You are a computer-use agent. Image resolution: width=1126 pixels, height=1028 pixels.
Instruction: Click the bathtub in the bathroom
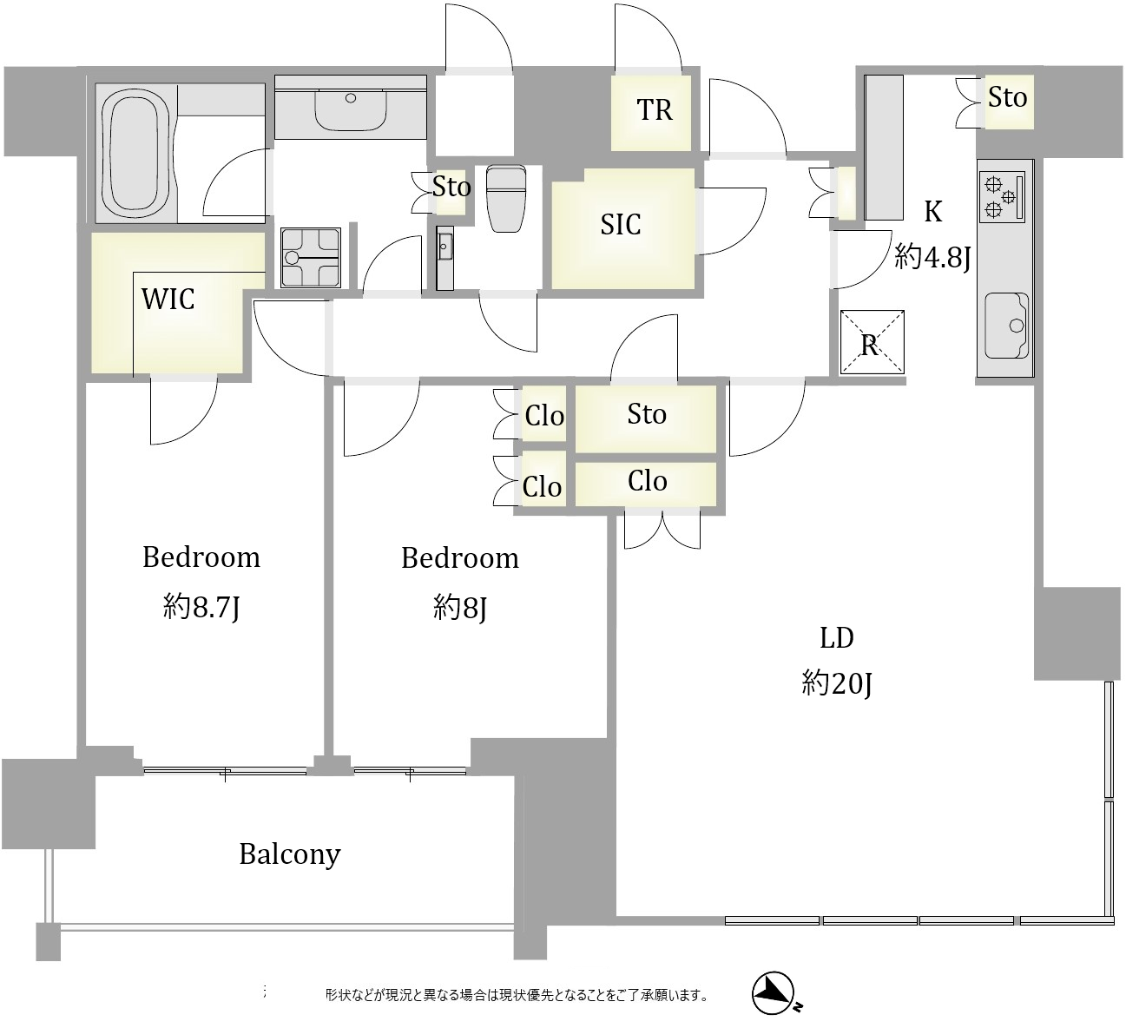coord(136,154)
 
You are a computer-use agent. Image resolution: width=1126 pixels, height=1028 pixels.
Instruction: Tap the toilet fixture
coord(506,198)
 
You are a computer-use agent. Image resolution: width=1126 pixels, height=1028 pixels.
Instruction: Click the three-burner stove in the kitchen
coord(1001,196)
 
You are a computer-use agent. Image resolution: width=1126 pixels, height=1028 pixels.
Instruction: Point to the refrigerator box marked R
coord(872,341)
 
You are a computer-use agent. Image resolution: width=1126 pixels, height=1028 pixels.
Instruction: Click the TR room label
coord(654,109)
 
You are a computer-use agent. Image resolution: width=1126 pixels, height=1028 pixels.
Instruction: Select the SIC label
coord(620,225)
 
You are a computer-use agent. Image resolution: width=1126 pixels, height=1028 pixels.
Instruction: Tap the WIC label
coord(168,299)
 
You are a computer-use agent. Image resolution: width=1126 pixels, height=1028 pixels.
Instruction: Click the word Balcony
coord(290,854)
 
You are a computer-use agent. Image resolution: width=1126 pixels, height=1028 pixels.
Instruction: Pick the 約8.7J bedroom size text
coord(201,607)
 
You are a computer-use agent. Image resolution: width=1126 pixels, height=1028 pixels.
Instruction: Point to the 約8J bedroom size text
coord(460,608)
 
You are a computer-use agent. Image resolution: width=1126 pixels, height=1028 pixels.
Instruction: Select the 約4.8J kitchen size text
coord(932,258)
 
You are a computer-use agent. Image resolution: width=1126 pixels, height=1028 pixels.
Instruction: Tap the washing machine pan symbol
coord(311,257)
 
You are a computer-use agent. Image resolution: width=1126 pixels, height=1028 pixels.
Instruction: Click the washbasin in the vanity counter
coord(350,110)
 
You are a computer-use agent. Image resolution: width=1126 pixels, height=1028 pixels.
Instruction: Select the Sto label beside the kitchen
coord(1008,98)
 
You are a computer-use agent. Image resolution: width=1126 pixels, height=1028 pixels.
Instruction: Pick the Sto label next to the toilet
coord(451,187)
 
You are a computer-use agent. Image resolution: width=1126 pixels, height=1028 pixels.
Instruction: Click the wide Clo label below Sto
coord(647,481)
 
